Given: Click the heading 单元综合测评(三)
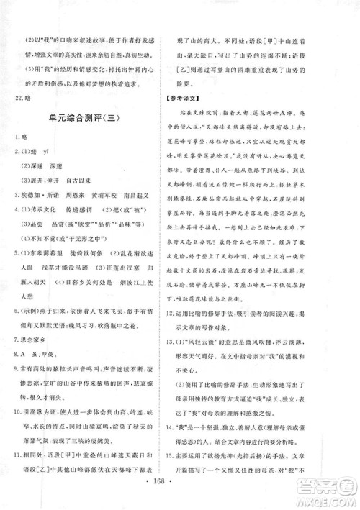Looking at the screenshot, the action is tap(90, 119).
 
